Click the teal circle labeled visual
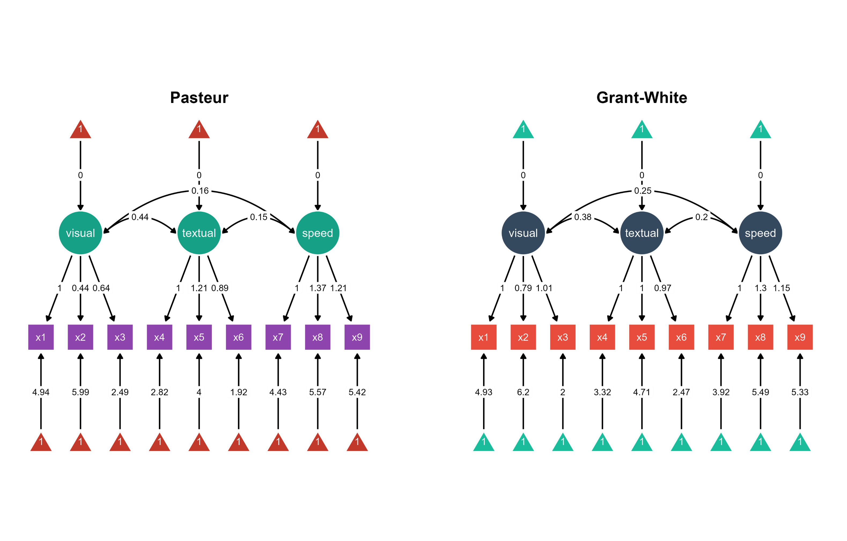click(x=80, y=233)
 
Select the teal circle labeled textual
click(x=199, y=233)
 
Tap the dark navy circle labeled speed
click(x=760, y=233)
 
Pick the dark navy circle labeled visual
click(x=523, y=233)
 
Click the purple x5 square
click(x=199, y=337)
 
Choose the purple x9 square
click(x=357, y=337)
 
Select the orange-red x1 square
click(x=483, y=337)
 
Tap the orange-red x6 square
click(x=681, y=337)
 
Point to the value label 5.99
click(x=80, y=392)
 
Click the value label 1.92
click(x=238, y=392)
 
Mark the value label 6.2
click(x=523, y=392)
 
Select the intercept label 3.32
click(x=602, y=392)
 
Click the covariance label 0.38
click(x=583, y=217)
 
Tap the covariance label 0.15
click(x=259, y=217)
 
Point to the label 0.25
click(x=643, y=191)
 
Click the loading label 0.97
click(x=662, y=288)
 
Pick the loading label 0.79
click(x=523, y=288)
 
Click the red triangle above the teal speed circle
click(x=317, y=130)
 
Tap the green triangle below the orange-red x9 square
click(x=800, y=443)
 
